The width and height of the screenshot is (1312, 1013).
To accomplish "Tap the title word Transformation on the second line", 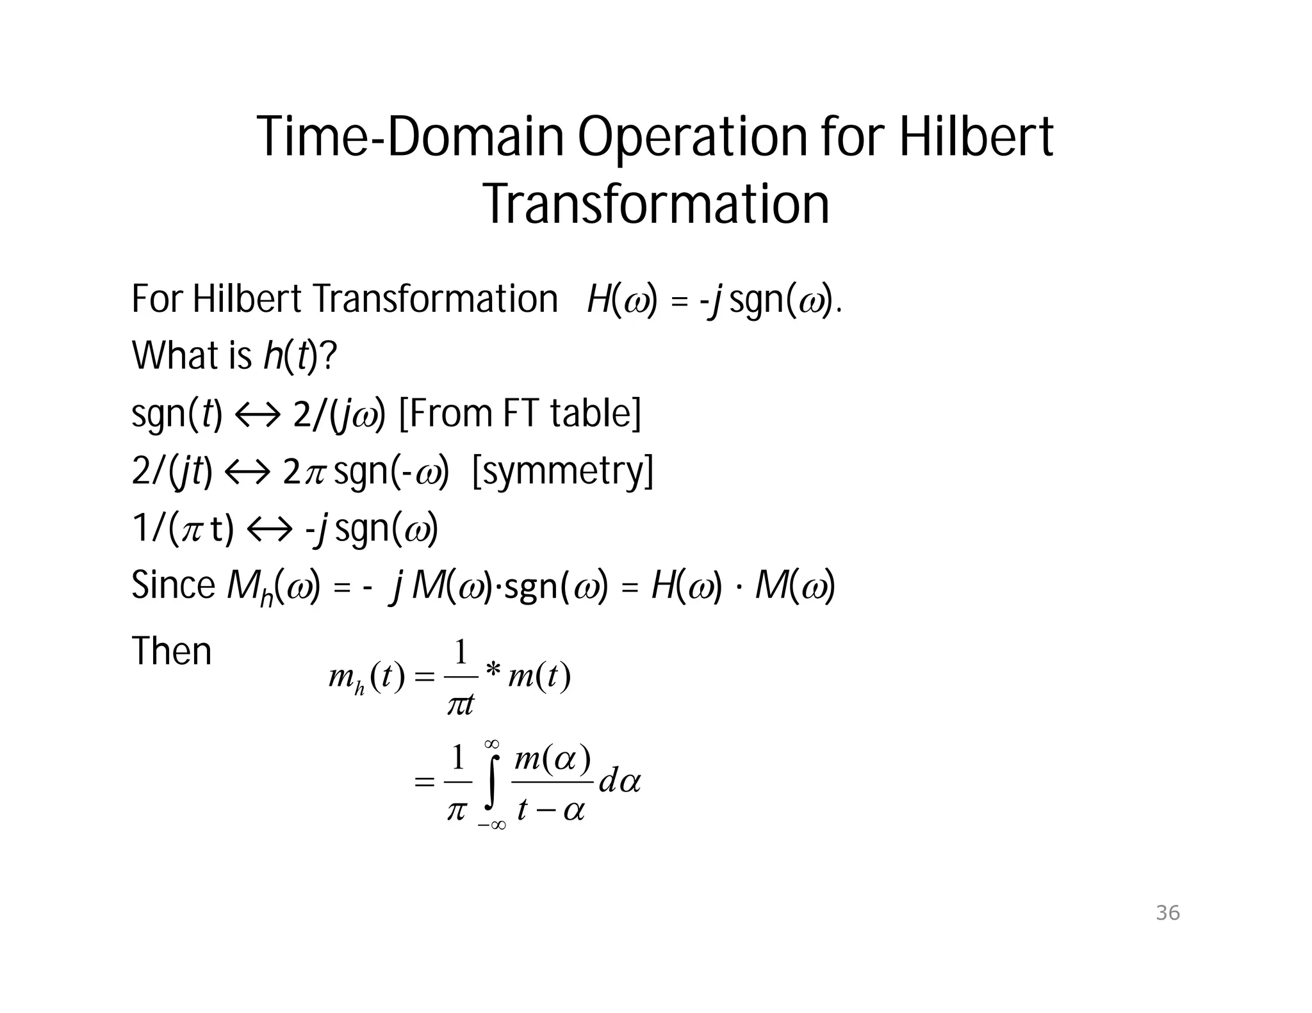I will point(656,204).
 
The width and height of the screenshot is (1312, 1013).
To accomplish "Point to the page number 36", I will point(1167,912).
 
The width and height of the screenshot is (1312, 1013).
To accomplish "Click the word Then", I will point(171,652).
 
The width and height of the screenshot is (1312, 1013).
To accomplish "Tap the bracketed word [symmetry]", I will point(562,471).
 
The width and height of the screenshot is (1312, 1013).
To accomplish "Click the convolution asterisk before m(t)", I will point(493,670).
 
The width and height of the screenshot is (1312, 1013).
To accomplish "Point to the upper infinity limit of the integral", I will point(492,743).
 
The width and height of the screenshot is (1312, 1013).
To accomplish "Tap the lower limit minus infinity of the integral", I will point(491,825).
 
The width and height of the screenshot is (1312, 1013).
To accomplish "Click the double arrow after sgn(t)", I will point(258,414).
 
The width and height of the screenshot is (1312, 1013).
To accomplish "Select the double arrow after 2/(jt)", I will point(247,472).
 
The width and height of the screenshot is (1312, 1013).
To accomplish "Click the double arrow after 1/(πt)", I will point(269,530).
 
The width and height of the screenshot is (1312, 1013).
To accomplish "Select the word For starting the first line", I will point(158,299).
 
